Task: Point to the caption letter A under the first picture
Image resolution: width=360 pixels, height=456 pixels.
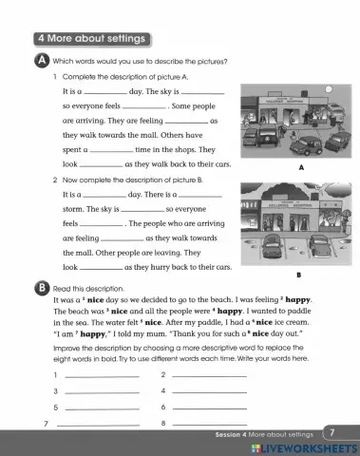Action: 299,167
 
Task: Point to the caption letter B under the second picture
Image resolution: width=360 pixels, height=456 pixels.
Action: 299,275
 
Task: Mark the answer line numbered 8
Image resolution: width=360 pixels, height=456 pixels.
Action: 210,424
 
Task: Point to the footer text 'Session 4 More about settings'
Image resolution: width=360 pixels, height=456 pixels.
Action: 270,433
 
